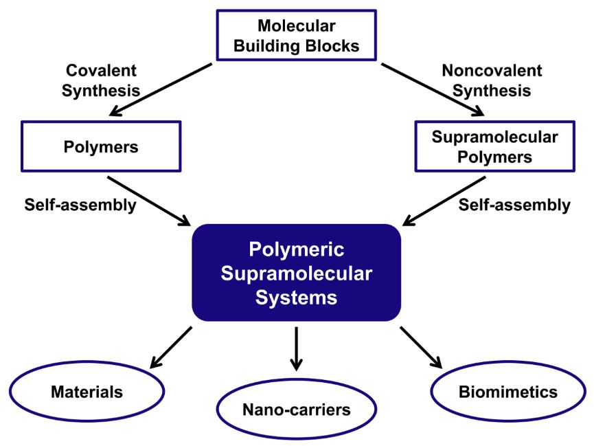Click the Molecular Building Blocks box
pyautogui.click(x=297, y=36)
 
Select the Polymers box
pyautogui.click(x=101, y=146)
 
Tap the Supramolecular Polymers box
pyautogui.click(x=494, y=146)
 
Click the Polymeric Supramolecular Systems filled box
pyautogui.click(x=296, y=273)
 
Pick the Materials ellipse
pyautogui.click(x=87, y=392)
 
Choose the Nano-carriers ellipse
pyautogui.click(x=296, y=410)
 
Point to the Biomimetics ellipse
pyautogui.click(x=507, y=392)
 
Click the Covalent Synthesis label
pyautogui.click(x=101, y=80)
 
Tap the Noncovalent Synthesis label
pyautogui.click(x=492, y=80)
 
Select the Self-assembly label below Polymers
pyautogui.click(x=80, y=205)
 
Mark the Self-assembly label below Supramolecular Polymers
pyautogui.click(x=514, y=205)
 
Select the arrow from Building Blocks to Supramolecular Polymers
pyautogui.click(x=433, y=90)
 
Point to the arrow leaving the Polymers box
pyautogui.click(x=149, y=200)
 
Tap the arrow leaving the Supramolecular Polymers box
pyautogui.click(x=444, y=200)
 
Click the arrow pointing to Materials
pyautogui.click(x=171, y=348)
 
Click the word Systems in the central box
pyautogui.click(x=296, y=297)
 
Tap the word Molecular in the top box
pyautogui.click(x=297, y=26)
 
